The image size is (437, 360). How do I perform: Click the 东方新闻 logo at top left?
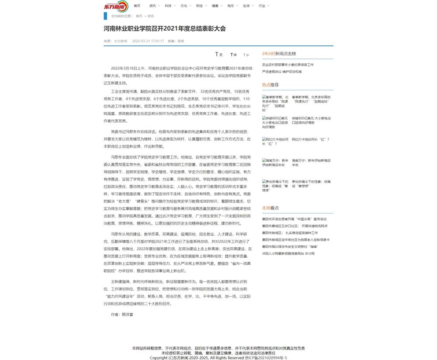[115, 7]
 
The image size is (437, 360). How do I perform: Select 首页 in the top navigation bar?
[137, 6]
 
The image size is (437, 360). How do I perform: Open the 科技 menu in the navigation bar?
[168, 6]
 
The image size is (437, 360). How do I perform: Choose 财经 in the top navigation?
[199, 6]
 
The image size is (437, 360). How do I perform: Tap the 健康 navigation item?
[215, 6]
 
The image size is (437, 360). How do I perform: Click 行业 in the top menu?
[262, 6]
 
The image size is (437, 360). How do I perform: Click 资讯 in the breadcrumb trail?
[151, 16]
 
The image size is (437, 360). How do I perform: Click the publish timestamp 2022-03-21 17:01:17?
[148, 41]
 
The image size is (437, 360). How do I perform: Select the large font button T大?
[218, 55]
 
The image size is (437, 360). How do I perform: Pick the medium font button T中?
[233, 55]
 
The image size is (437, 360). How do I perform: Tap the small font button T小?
[246, 55]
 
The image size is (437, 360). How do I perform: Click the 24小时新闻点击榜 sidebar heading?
[279, 53]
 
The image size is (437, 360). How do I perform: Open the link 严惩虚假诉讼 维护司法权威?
[281, 72]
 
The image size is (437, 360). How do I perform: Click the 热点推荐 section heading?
[270, 85]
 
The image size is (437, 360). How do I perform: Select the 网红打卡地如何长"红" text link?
[310, 139]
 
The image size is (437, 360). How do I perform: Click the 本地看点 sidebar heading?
[270, 208]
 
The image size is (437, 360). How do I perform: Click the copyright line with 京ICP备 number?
[218, 357]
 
